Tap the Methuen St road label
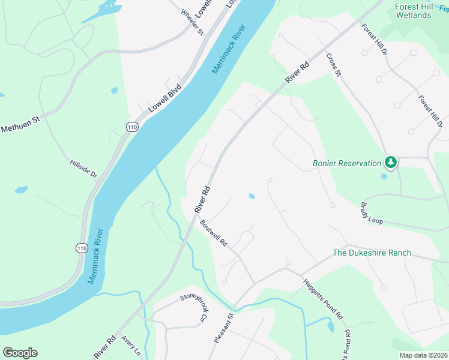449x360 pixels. [20, 124]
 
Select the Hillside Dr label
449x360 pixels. [83, 167]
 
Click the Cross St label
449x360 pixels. [333, 65]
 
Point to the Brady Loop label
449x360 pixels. [371, 213]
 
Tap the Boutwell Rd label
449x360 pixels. [214, 235]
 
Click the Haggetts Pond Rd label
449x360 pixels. [322, 299]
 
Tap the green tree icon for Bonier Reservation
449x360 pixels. [391, 162]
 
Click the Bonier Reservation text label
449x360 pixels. [347, 163]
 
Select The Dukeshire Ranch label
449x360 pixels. [372, 253]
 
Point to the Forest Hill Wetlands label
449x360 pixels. [414, 11]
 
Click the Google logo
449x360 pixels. [20, 352]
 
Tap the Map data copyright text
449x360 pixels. [423, 355]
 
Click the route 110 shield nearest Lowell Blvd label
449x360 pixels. [132, 126]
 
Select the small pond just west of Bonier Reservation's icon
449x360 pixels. [384, 176]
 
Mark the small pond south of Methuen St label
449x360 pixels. [21, 190]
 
